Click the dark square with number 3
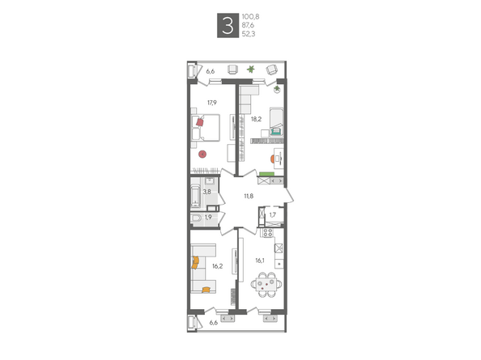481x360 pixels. pos(228,25)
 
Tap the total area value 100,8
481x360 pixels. pos(250,16)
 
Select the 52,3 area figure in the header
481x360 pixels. pos(249,34)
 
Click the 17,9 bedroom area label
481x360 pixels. pos(212,103)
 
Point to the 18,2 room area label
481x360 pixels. pos(256,119)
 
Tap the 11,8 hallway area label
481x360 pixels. pos(249,196)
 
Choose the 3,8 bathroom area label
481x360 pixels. pos(206,192)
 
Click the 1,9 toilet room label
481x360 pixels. pos(208,218)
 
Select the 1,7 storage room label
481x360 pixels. pos(272,214)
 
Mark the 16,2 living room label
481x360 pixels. pos(218,266)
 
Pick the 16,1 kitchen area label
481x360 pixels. pos(260,260)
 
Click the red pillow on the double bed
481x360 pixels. pos(200,122)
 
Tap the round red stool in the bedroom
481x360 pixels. pos(202,154)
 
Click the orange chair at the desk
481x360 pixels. pos(272,159)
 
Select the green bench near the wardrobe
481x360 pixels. pos(266,174)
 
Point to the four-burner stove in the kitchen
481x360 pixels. pos(268,232)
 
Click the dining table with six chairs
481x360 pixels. pos(266,285)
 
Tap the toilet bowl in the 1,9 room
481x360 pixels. pos(196,218)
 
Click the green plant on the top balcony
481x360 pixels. pos(251,70)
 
